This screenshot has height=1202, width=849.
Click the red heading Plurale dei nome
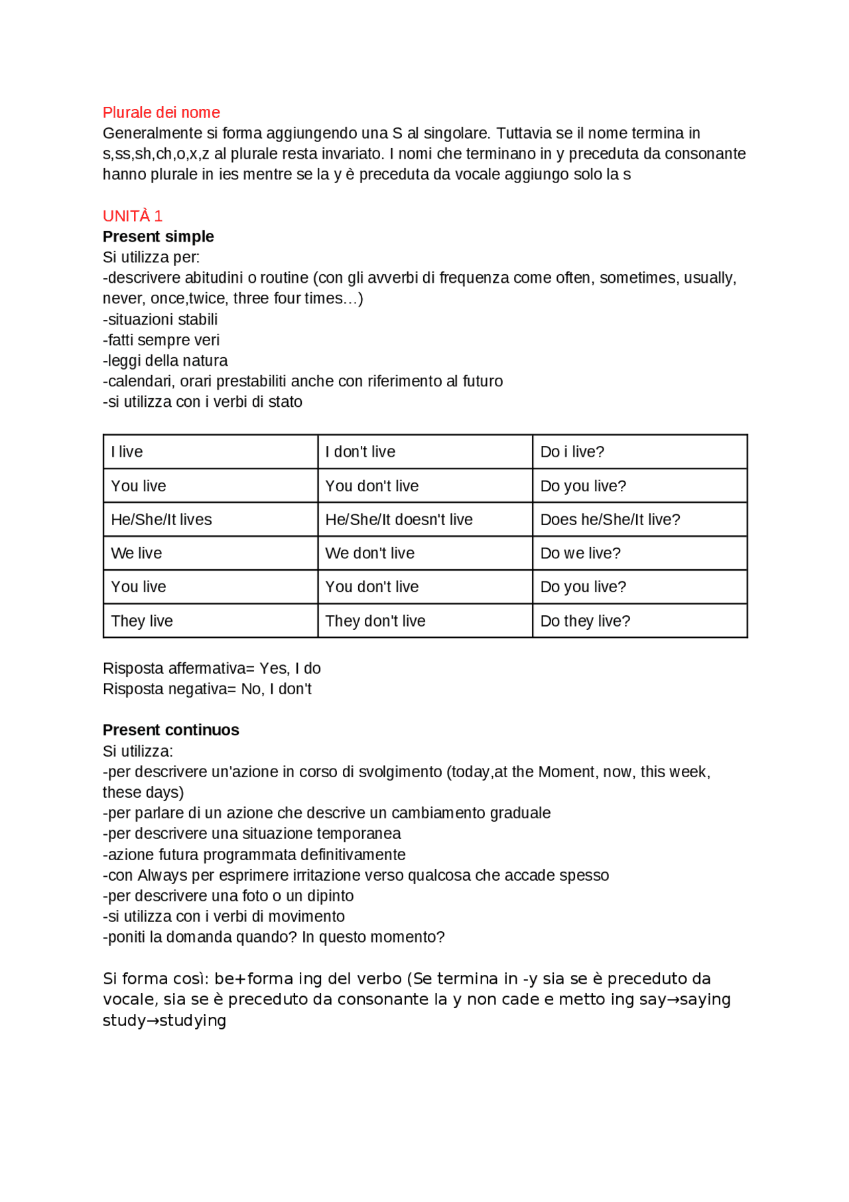tap(161, 112)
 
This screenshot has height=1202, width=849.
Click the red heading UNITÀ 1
tap(132, 216)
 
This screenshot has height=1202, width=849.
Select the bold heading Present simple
tap(158, 236)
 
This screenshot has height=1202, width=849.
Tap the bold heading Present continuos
tap(170, 729)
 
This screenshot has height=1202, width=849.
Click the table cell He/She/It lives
tap(161, 519)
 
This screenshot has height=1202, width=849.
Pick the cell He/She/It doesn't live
tap(399, 519)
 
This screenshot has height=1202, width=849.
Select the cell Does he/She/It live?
tap(610, 519)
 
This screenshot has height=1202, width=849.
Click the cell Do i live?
tap(572, 451)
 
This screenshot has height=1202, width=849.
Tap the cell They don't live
tap(375, 621)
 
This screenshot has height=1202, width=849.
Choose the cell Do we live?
tap(580, 553)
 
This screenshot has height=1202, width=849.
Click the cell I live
tap(127, 451)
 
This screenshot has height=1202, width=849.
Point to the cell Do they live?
tap(585, 621)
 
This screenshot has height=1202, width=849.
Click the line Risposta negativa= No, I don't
tap(207, 689)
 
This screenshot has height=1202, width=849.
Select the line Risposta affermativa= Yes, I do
tap(212, 668)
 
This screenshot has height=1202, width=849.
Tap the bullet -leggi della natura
tap(165, 360)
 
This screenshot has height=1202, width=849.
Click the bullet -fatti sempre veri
tap(161, 340)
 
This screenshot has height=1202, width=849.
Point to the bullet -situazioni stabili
tap(160, 319)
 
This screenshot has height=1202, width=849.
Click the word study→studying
tap(164, 1020)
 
